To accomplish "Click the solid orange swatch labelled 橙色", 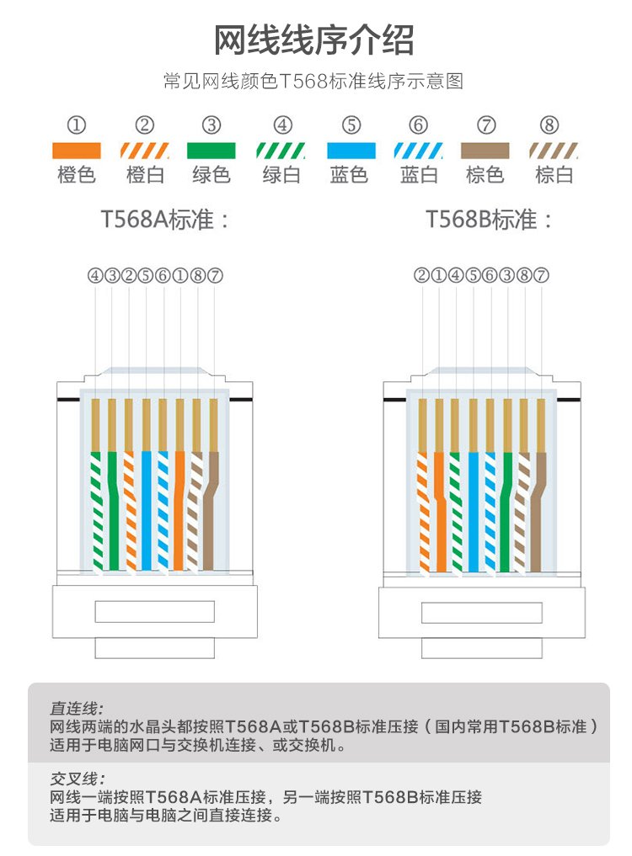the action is (x=77, y=151).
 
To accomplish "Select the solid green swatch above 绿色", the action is (x=211, y=151).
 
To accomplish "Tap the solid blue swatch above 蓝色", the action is (x=351, y=151).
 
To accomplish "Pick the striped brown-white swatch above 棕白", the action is (x=554, y=151).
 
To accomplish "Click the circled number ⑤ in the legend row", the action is (x=351, y=125).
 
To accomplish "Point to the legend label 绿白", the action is (x=281, y=175).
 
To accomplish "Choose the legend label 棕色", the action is (x=485, y=175).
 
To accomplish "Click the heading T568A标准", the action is (x=164, y=220).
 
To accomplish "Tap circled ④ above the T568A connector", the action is (x=95, y=276).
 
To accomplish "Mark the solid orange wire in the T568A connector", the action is (x=179, y=510).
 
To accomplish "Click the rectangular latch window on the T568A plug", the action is (x=155, y=611).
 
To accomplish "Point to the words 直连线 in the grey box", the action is (x=75, y=708).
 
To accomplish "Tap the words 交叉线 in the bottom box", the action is (x=75, y=779).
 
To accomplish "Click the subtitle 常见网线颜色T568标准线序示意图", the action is (x=313, y=82).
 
